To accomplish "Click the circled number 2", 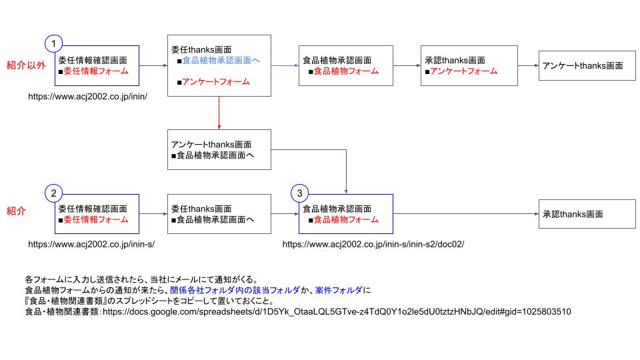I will click(x=54, y=193).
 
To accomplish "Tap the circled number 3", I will click(x=300, y=193).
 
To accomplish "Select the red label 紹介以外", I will click(x=26, y=65).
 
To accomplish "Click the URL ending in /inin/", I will click(x=87, y=96).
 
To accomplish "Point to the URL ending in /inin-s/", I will click(x=91, y=245).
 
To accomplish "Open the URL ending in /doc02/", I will click(x=373, y=245).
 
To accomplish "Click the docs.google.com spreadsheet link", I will click(x=337, y=311).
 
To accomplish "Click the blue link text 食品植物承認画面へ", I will click(x=221, y=61).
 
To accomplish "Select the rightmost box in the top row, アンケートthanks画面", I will click(x=582, y=65).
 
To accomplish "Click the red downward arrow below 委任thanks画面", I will click(x=219, y=113).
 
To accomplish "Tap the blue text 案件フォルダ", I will click(x=339, y=290).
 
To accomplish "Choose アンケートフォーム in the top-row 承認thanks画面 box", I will click(x=463, y=71).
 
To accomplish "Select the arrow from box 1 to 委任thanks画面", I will click(x=153, y=65).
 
